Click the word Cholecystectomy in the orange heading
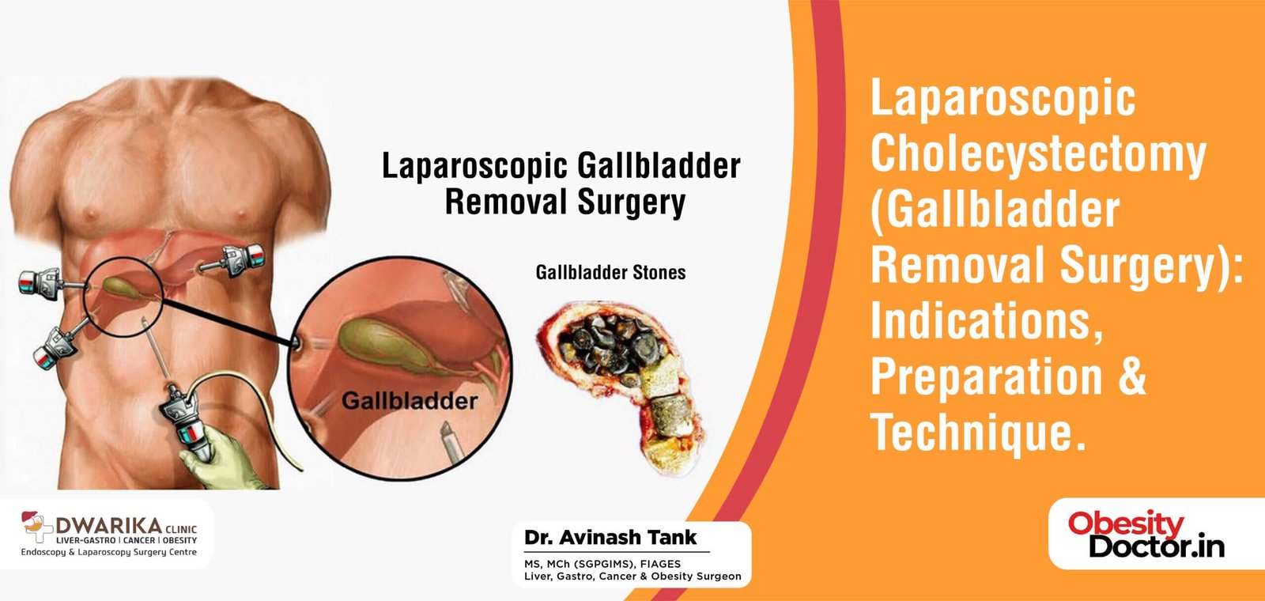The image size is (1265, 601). (x=1038, y=154)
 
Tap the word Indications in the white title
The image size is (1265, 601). (x=986, y=320)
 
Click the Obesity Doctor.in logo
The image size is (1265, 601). (x=1146, y=535)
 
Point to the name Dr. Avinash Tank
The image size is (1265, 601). (x=610, y=538)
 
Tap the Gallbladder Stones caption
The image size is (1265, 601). (x=610, y=273)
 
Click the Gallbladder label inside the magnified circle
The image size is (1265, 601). (x=409, y=401)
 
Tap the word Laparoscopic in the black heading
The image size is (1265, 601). (x=474, y=166)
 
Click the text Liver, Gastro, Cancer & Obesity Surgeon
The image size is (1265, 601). (x=632, y=576)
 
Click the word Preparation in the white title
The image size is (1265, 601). (x=986, y=377)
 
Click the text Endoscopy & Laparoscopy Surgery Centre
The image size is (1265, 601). (x=109, y=552)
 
